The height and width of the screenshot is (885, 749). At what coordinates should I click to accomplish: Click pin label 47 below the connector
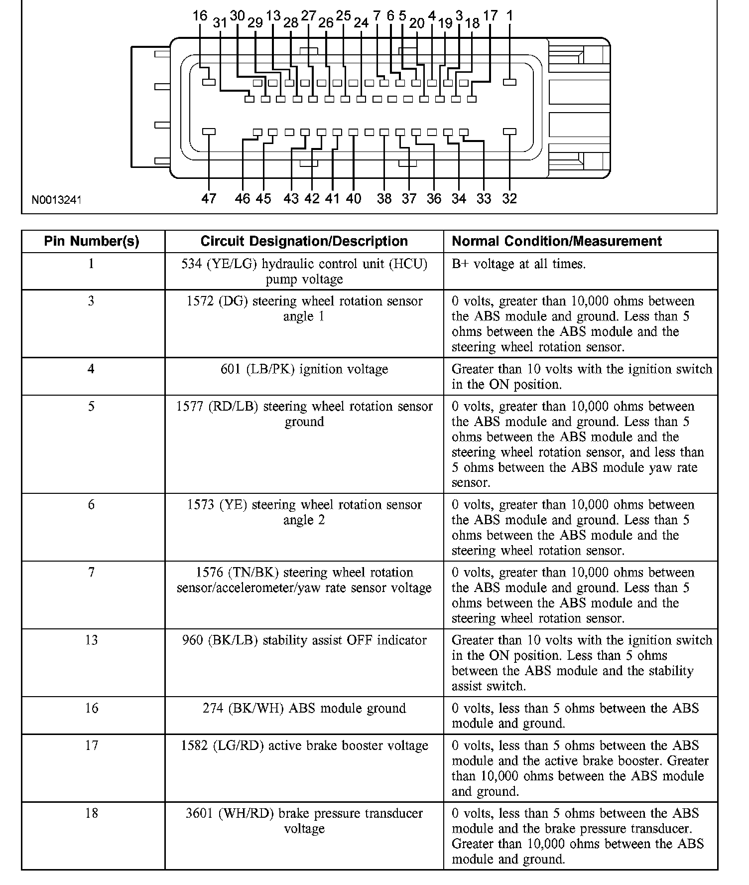209,198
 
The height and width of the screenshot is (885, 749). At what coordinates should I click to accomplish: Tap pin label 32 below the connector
509,198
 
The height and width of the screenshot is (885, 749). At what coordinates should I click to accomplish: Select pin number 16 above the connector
200,16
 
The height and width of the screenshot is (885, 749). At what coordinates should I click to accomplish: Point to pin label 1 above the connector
509,16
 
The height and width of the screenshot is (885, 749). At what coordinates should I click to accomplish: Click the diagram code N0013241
56,200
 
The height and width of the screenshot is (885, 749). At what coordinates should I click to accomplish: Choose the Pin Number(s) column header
92,241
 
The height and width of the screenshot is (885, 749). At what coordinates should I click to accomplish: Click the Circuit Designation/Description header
304,241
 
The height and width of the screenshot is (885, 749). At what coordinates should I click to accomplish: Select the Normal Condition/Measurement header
556,241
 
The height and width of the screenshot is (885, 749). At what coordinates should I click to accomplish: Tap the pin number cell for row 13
92,640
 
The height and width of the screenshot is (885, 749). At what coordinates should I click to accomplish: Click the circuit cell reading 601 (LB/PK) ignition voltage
304,369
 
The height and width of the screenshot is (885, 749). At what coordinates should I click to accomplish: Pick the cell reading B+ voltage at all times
518,264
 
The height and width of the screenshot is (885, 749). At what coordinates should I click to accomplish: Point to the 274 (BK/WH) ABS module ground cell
304,708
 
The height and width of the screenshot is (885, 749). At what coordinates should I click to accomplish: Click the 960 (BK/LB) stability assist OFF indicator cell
304,640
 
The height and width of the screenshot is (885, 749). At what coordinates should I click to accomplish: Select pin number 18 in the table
92,813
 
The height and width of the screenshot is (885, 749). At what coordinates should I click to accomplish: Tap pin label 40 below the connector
353,198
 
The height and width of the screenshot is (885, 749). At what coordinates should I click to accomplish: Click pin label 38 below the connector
384,198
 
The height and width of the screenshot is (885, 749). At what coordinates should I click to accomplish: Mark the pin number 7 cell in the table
92,572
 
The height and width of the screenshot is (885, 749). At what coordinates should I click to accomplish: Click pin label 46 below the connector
243,198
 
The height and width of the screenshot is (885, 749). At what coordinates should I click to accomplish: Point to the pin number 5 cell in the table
92,406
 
